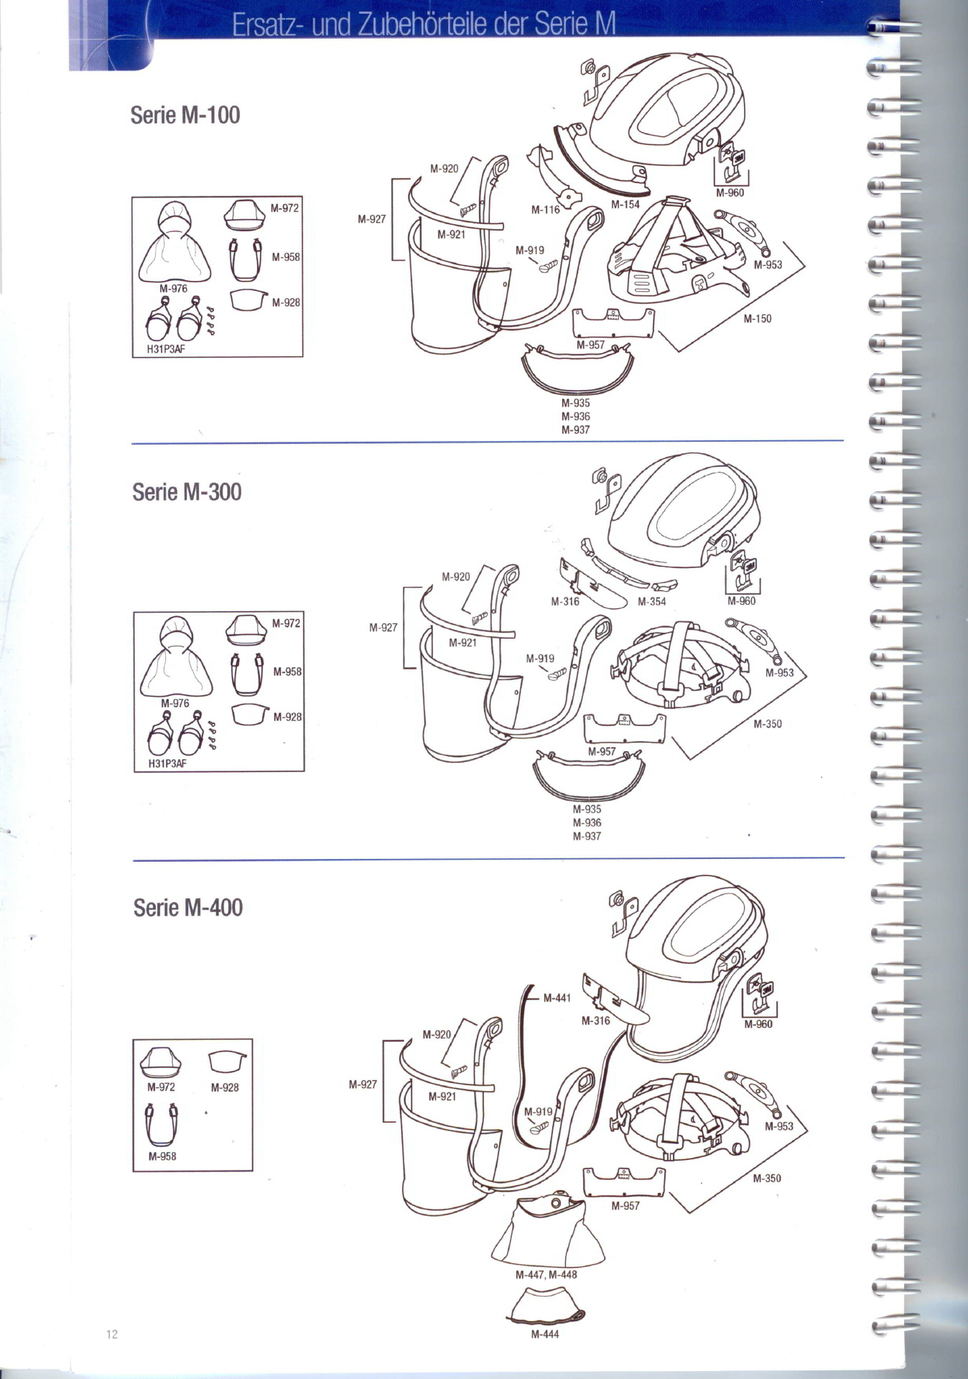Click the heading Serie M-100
(185, 115)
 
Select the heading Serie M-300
(187, 492)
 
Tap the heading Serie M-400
(188, 907)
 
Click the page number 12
(112, 1334)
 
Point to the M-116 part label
(545, 210)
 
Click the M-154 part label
(625, 205)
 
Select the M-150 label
(758, 319)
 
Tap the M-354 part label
(652, 602)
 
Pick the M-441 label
(557, 998)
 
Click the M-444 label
(545, 1334)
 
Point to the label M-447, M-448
(546, 1275)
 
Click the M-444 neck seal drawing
(546, 1306)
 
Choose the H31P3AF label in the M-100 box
(167, 350)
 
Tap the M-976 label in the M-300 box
(175, 703)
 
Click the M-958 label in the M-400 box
(162, 1156)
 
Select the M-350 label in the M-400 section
(767, 1179)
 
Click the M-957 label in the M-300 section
(602, 751)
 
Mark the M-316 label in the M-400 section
(595, 1021)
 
